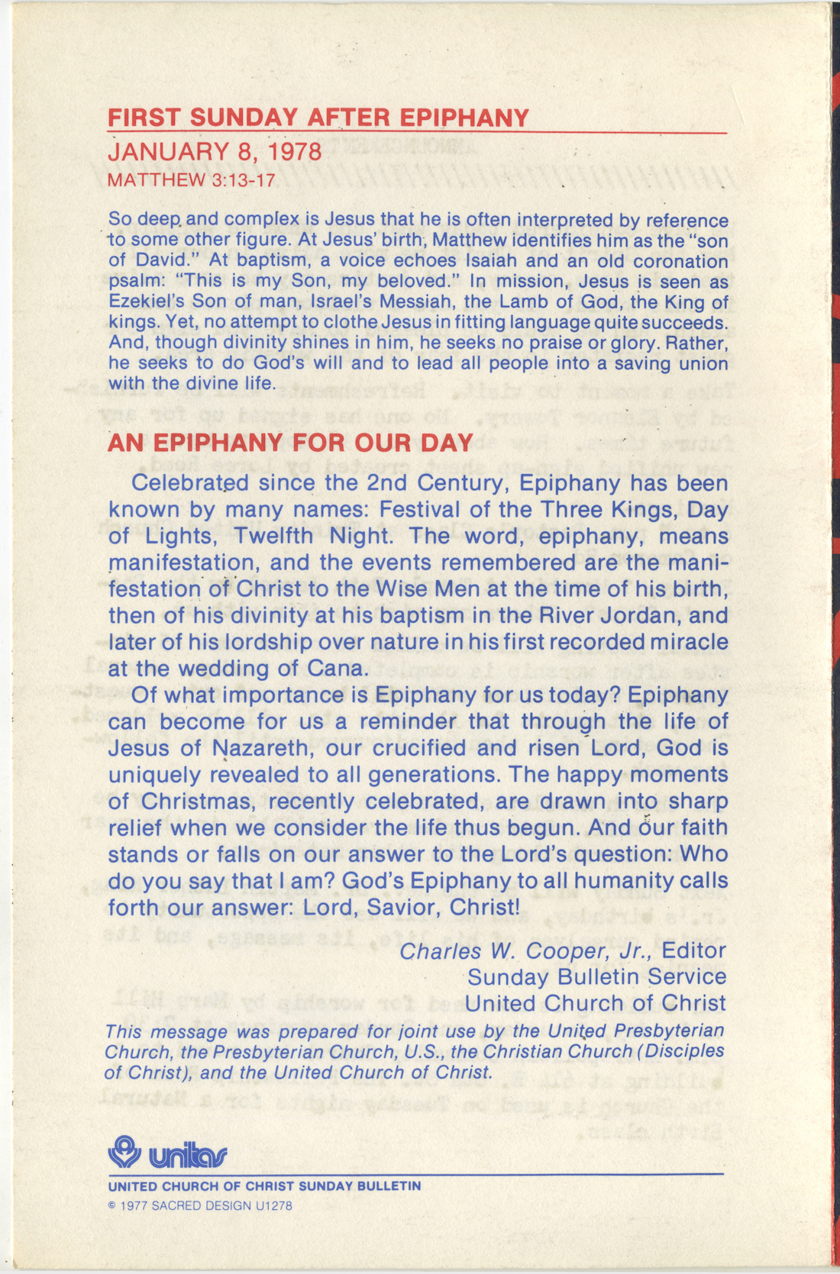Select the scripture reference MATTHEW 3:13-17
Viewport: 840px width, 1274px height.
pyautogui.click(x=191, y=180)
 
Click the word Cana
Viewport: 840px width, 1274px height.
pyautogui.click(x=333, y=669)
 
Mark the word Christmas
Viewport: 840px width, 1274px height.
pyautogui.click(x=202, y=801)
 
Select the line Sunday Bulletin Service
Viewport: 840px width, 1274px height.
pyautogui.click(x=596, y=977)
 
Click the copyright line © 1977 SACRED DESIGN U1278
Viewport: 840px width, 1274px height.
pyautogui.click(x=200, y=1206)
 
